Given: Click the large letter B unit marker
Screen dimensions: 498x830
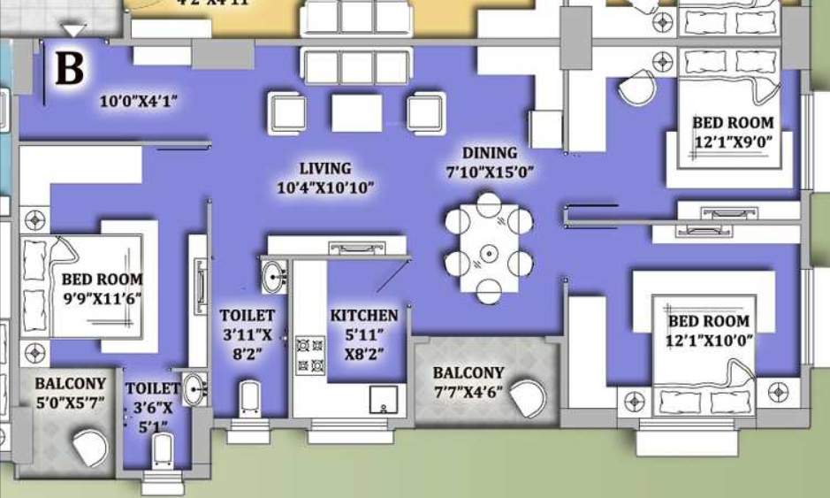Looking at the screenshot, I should (x=70, y=69).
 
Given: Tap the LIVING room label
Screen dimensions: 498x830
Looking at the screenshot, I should (x=324, y=168).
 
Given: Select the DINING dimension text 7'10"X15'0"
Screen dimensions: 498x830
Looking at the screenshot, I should (x=490, y=172).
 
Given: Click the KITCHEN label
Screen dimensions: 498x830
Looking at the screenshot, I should (x=364, y=315).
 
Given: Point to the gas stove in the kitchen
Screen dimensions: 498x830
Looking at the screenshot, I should (x=308, y=355).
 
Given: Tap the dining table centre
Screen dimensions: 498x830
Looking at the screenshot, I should (x=488, y=254).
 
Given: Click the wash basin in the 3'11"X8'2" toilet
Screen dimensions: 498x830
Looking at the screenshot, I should (x=274, y=276).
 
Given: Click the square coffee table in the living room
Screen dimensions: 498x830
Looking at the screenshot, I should (x=357, y=111).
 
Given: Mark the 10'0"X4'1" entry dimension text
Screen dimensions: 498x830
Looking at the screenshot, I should (x=139, y=102).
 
